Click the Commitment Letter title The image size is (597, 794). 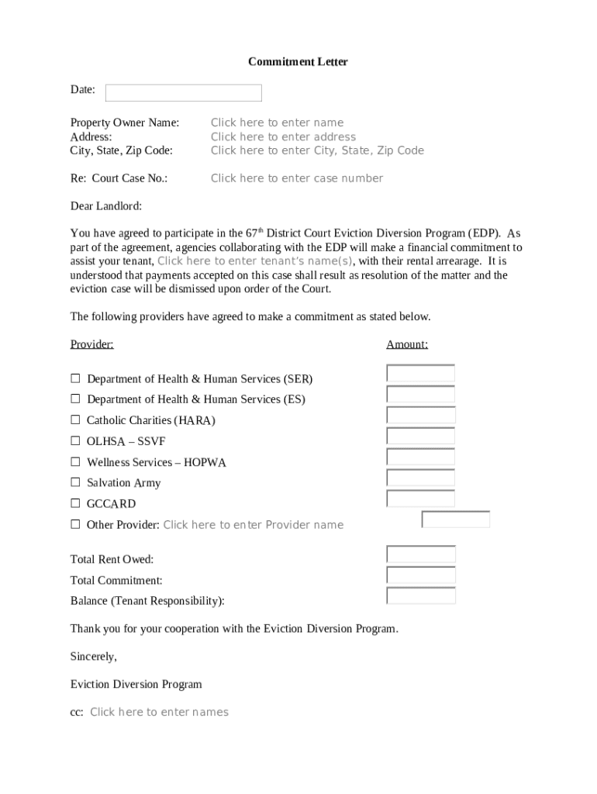298,61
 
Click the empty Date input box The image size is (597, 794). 184,93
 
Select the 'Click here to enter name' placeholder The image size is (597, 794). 277,123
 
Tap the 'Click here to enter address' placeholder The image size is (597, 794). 283,136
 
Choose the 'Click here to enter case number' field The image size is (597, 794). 297,178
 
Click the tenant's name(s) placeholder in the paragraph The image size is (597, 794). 255,261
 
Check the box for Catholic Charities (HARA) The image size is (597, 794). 75,419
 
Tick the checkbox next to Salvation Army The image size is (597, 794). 75,482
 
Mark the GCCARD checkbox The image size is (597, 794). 75,503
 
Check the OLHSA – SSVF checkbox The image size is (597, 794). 75,440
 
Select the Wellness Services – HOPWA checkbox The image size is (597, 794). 75,461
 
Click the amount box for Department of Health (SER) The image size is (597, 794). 420,374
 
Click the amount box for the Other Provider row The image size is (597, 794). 456,520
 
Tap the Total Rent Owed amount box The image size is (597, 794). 420,554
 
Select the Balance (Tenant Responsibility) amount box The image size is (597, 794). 420,595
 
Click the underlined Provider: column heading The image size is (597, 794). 91,344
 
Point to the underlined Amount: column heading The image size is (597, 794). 407,344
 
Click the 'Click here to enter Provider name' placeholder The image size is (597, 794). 253,525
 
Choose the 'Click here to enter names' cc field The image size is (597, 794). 159,712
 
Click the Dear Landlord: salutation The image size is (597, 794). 106,206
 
